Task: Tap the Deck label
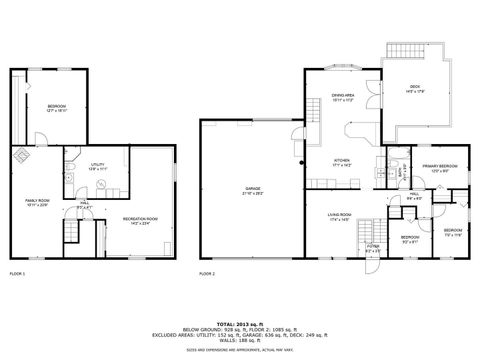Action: coord(415,88)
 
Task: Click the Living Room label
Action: coord(340,216)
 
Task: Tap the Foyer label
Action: coord(371,246)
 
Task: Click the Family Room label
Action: coord(36,203)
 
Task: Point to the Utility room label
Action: coord(98,167)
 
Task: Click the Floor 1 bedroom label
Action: coord(56,107)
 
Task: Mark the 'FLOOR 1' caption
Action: coord(18,273)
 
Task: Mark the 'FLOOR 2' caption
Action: coord(206,273)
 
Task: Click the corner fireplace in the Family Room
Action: coord(20,153)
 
